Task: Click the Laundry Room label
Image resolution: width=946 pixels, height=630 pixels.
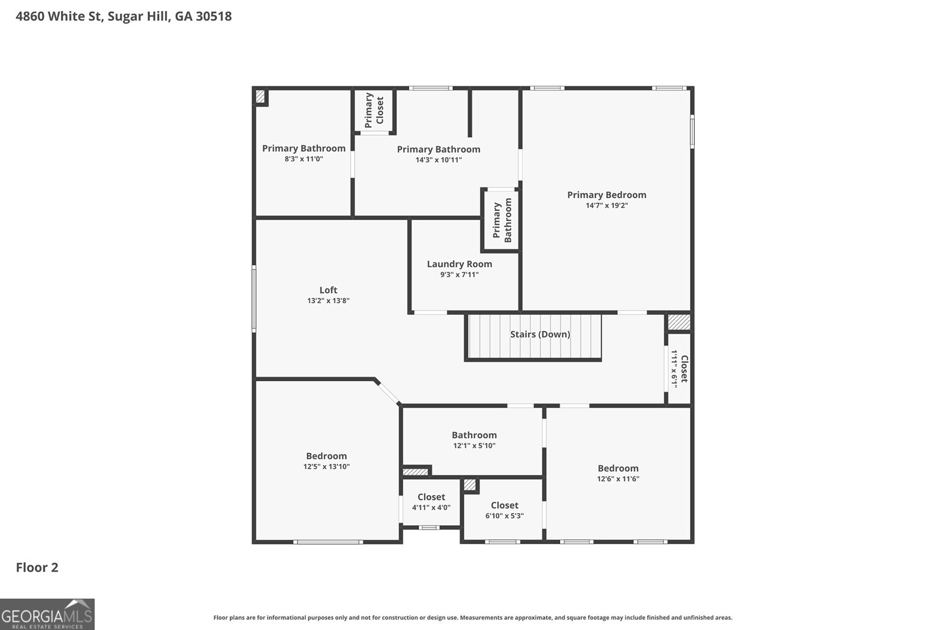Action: point(459,264)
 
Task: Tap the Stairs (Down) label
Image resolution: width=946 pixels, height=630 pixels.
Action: point(540,335)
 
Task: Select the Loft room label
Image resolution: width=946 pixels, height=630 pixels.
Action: point(328,290)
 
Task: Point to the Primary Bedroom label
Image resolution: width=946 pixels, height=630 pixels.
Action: point(607,195)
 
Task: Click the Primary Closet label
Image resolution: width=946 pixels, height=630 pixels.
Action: point(374,110)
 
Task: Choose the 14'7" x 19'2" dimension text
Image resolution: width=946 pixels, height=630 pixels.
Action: point(607,206)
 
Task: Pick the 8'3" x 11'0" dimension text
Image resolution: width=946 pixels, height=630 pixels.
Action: point(304,159)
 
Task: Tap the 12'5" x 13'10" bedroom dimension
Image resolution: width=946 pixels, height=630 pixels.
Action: point(326,467)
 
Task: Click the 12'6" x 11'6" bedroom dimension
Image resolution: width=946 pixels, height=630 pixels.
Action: point(618,479)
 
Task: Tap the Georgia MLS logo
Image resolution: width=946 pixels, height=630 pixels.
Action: point(47,614)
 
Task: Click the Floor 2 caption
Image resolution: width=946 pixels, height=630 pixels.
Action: point(37,568)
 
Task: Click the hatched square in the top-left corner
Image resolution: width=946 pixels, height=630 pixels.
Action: point(260,96)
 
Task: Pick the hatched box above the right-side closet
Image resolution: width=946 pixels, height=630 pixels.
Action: point(679,322)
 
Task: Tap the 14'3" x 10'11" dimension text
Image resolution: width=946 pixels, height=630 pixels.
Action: point(439,160)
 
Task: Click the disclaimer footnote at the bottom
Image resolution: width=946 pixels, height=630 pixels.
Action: point(472,618)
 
